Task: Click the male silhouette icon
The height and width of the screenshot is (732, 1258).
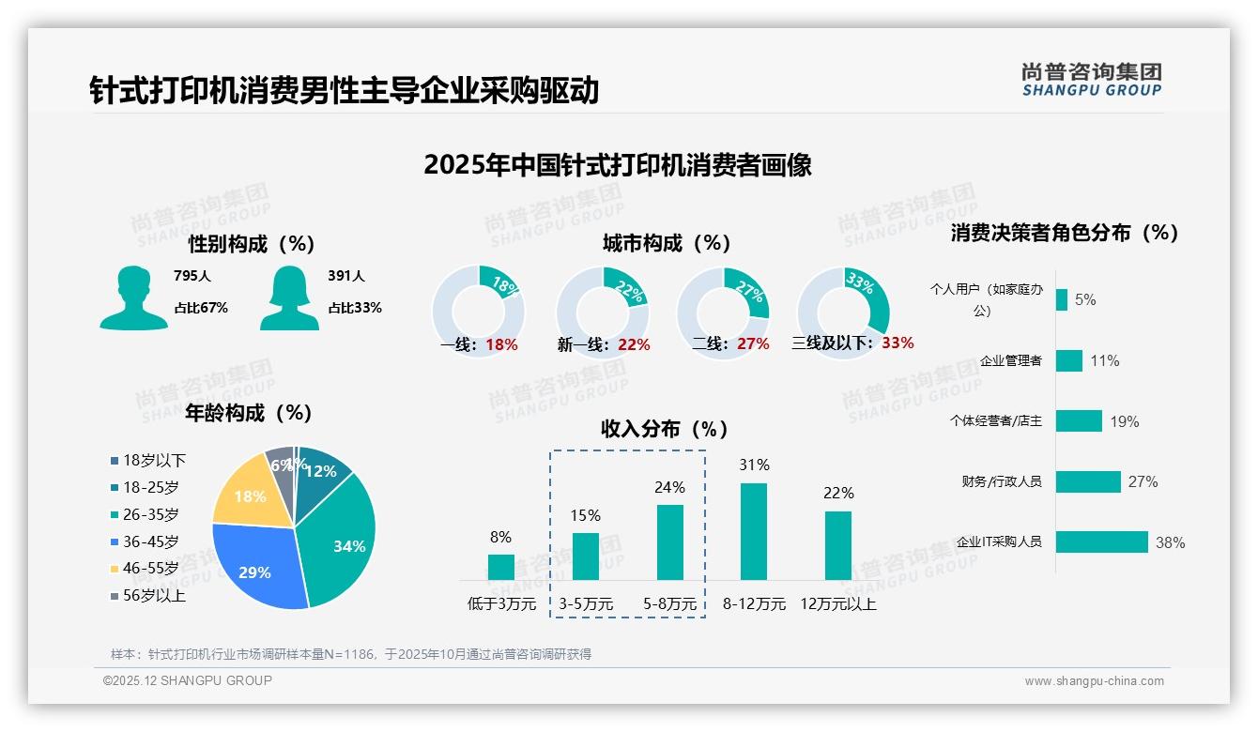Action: [x=133, y=297]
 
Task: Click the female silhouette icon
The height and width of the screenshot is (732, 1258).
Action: [x=289, y=297]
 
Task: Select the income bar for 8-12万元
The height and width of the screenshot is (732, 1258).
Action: [x=754, y=531]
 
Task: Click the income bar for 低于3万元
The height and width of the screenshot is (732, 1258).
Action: [x=501, y=567]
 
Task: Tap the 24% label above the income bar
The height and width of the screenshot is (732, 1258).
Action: [x=669, y=488]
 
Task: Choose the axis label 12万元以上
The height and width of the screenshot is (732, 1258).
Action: [x=838, y=604]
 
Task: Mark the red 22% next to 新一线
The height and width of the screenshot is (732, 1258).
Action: [x=634, y=345]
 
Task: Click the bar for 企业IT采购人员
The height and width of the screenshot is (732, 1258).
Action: [x=1102, y=541]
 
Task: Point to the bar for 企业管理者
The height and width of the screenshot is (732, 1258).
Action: [x=1069, y=360]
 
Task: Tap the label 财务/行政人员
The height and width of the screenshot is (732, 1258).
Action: [x=1001, y=482]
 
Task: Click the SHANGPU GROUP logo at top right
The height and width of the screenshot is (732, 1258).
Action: [x=1092, y=80]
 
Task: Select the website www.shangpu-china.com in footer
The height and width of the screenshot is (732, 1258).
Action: [x=1094, y=681]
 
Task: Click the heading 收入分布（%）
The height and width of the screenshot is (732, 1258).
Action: [x=665, y=430]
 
